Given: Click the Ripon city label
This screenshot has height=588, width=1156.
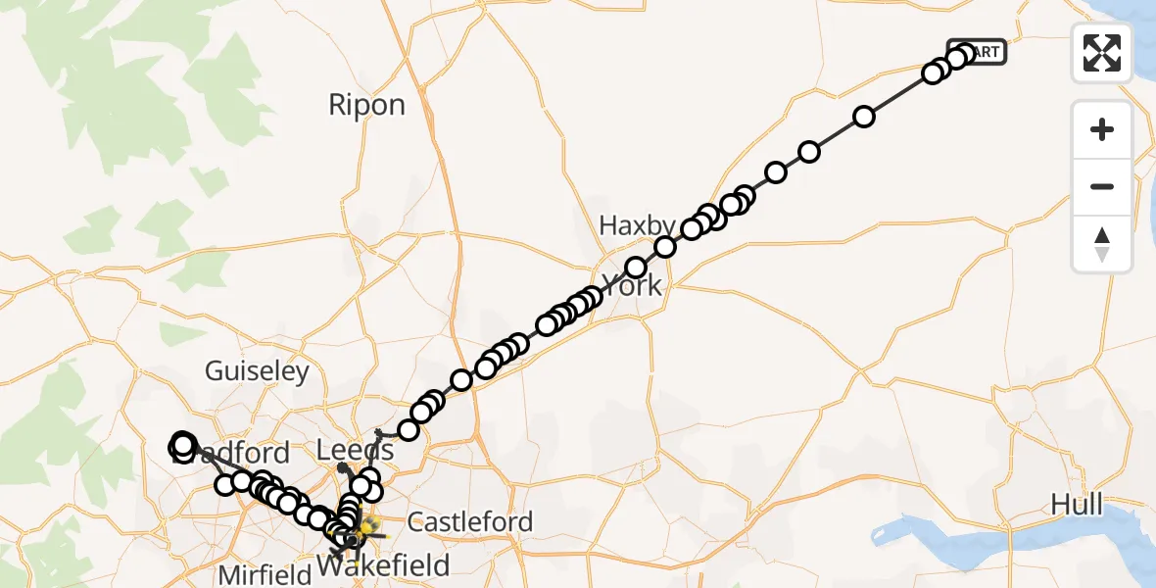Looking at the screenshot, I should (x=366, y=105).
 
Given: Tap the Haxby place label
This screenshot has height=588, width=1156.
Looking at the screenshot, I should (x=638, y=226).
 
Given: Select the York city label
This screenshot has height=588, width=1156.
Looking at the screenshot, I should (x=632, y=287).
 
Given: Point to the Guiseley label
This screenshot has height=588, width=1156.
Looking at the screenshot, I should (x=257, y=371).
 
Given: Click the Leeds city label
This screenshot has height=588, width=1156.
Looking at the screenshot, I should (x=357, y=451).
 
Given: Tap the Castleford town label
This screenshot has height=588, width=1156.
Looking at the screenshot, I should (x=470, y=521).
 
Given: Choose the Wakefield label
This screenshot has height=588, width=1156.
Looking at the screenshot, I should (x=384, y=565).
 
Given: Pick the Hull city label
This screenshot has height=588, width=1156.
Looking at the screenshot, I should (x=1076, y=505).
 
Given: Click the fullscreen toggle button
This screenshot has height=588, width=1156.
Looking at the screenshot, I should (x=1102, y=52).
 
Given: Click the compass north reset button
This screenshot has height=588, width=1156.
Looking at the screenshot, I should (x=1102, y=244).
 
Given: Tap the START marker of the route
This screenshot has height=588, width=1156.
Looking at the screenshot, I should (x=980, y=52).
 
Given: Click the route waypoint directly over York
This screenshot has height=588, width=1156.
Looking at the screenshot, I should (x=636, y=268).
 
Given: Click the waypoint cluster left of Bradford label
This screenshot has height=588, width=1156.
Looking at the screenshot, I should (x=182, y=446).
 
